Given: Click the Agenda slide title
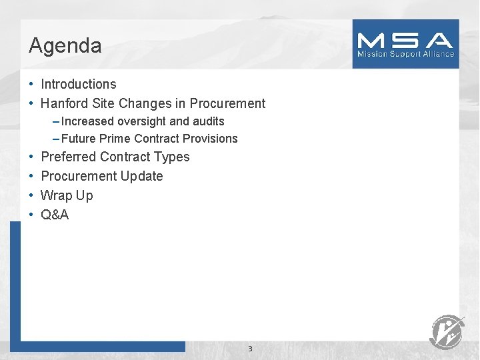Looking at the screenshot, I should pos(65,45).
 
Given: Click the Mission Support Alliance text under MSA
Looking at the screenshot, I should pos(405,54).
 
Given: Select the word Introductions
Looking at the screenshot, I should pos(79,84).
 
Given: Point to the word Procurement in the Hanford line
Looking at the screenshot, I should pos(227,103).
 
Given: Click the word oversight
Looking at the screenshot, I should pos(142,121).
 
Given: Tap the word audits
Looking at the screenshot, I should pos(209,121).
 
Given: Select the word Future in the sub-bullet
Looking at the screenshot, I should pos(79,139).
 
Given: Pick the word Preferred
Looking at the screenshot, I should pos(68,157).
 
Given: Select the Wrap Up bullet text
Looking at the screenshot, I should pos(67,195).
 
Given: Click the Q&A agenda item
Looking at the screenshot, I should pos(55,215).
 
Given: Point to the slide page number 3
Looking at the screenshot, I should pos(250,349).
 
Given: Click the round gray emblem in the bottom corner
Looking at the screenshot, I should pos(447,331).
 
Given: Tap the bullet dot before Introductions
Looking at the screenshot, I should pos(31,84).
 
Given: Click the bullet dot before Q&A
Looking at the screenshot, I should pos(31,215).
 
